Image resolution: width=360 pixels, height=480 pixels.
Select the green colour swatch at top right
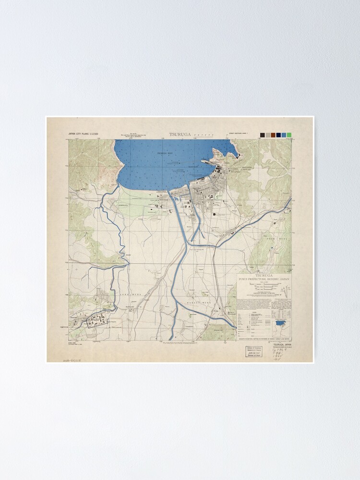289,135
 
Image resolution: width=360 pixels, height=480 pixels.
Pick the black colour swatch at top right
263,135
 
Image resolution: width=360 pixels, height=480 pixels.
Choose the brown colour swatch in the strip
273,135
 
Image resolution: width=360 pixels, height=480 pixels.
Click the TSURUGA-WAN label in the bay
164,153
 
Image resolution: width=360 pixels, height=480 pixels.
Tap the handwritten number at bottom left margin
72,359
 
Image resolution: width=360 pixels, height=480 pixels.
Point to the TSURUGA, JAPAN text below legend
282,345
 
